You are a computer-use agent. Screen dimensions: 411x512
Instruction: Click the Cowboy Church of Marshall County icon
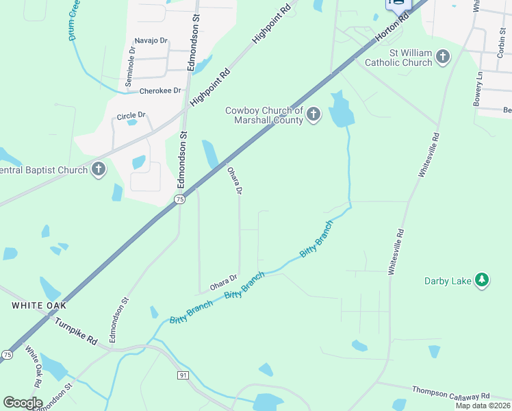(313, 114)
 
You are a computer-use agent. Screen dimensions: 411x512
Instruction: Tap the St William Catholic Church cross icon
(443, 57)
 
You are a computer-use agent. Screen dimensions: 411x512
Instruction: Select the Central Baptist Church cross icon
(99, 169)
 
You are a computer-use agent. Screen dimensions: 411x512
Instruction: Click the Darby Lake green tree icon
(482, 280)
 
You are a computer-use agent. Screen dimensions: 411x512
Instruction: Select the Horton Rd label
(392, 32)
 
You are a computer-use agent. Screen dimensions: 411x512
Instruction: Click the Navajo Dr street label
(151, 41)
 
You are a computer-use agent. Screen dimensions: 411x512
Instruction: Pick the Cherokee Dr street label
(159, 90)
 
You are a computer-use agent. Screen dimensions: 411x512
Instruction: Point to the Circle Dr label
(131, 116)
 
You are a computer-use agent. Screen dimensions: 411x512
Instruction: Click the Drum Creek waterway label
(73, 21)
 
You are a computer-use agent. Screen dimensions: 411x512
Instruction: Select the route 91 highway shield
(183, 375)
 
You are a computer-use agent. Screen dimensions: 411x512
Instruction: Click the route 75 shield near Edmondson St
(179, 199)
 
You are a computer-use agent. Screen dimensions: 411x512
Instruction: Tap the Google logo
(23, 402)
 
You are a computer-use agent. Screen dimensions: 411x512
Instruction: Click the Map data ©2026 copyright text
(482, 406)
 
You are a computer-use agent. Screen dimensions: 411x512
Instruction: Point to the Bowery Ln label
(478, 88)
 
